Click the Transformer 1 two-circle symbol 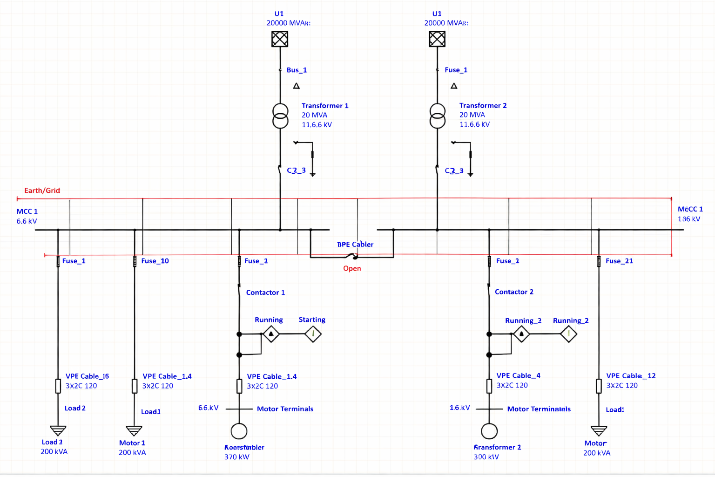tap(280, 116)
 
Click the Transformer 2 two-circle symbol tap(437, 116)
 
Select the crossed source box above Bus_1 tap(280, 39)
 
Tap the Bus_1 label tap(297, 70)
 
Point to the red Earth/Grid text tap(42, 191)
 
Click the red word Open tap(352, 268)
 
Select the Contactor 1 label tap(265, 293)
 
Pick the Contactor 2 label tap(514, 292)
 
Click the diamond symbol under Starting tap(313, 334)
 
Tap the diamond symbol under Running tap(271, 334)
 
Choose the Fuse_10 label tap(155, 261)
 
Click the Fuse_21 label tap(619, 261)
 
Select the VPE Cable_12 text tap(631, 376)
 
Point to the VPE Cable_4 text tap(518, 375)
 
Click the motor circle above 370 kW tap(239, 431)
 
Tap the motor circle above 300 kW tap(489, 431)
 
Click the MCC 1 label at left tap(27, 211)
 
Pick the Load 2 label tap(75, 408)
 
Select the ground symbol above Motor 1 tap(134, 430)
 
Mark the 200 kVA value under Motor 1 tap(132, 452)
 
